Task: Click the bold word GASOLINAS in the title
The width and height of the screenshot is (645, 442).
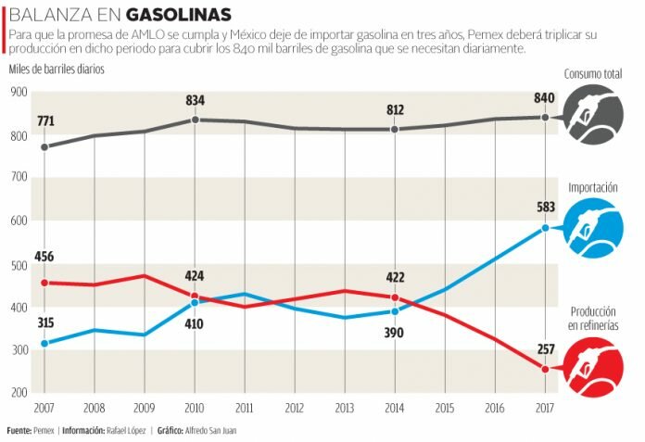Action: (x=179, y=16)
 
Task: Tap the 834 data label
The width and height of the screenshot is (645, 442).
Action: (x=195, y=101)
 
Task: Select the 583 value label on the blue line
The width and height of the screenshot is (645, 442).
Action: (x=545, y=208)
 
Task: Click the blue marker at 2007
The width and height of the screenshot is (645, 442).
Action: (x=44, y=344)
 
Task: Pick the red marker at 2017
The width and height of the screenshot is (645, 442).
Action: (x=545, y=369)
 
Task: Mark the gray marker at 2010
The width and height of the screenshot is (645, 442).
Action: (x=195, y=120)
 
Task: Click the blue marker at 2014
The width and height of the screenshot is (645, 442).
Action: (x=395, y=311)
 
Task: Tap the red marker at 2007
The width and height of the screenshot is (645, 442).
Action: (x=44, y=283)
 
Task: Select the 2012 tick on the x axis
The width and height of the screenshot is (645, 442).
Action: (x=295, y=408)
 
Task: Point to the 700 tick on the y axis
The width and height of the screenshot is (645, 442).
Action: (x=18, y=177)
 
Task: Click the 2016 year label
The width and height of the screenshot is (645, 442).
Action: (x=495, y=408)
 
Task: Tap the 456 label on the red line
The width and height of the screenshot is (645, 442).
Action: (x=44, y=257)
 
